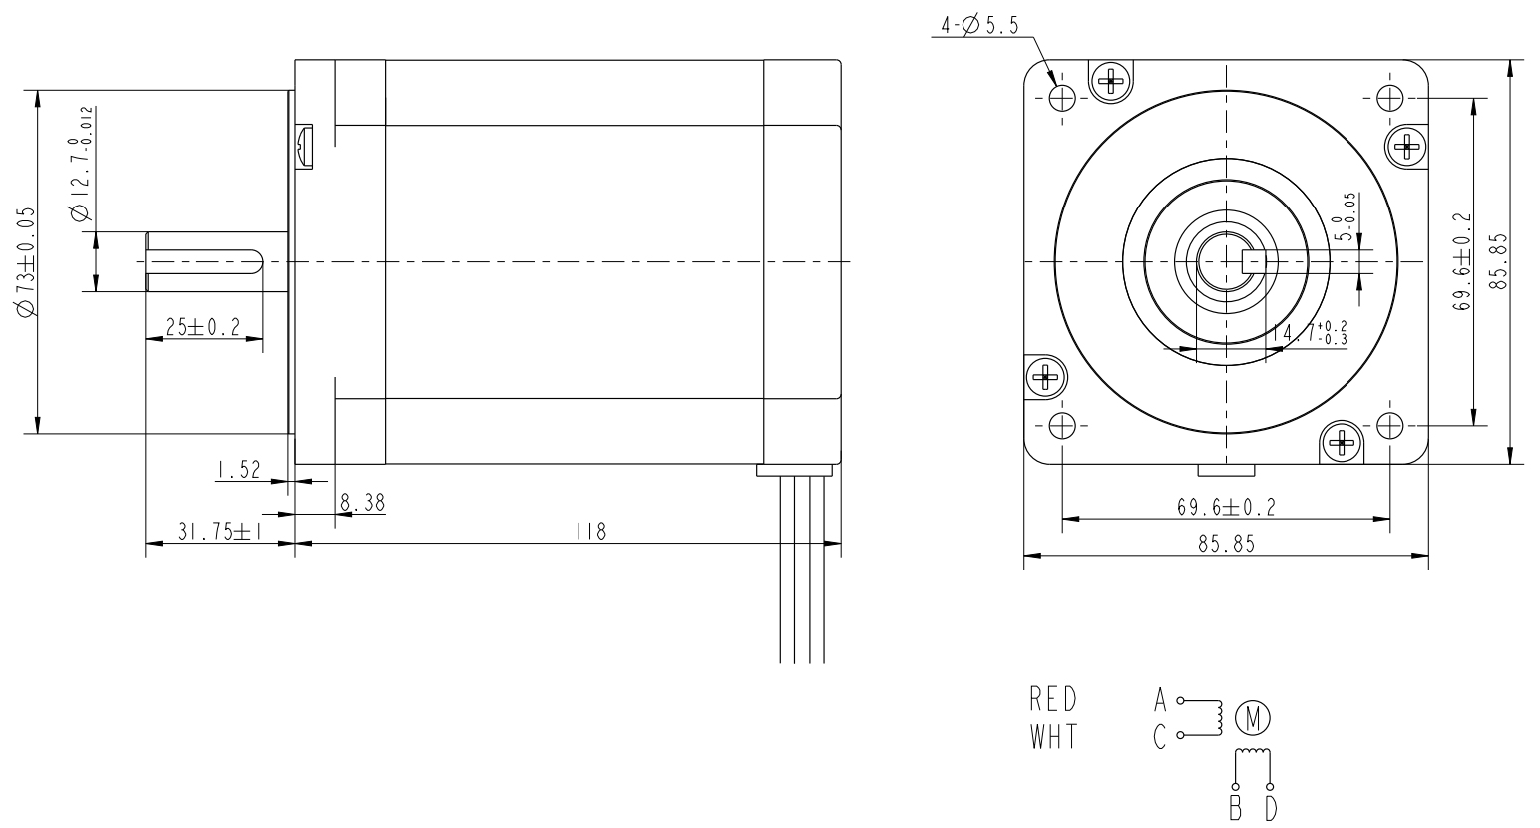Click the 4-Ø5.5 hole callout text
point(979,26)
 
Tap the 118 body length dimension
point(590,532)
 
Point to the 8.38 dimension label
point(363,503)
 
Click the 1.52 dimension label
point(239,471)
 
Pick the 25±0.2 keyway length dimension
point(203,327)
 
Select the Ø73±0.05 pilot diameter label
point(26,262)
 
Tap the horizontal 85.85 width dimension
point(1227,544)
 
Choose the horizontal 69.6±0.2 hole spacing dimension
point(1227,508)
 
